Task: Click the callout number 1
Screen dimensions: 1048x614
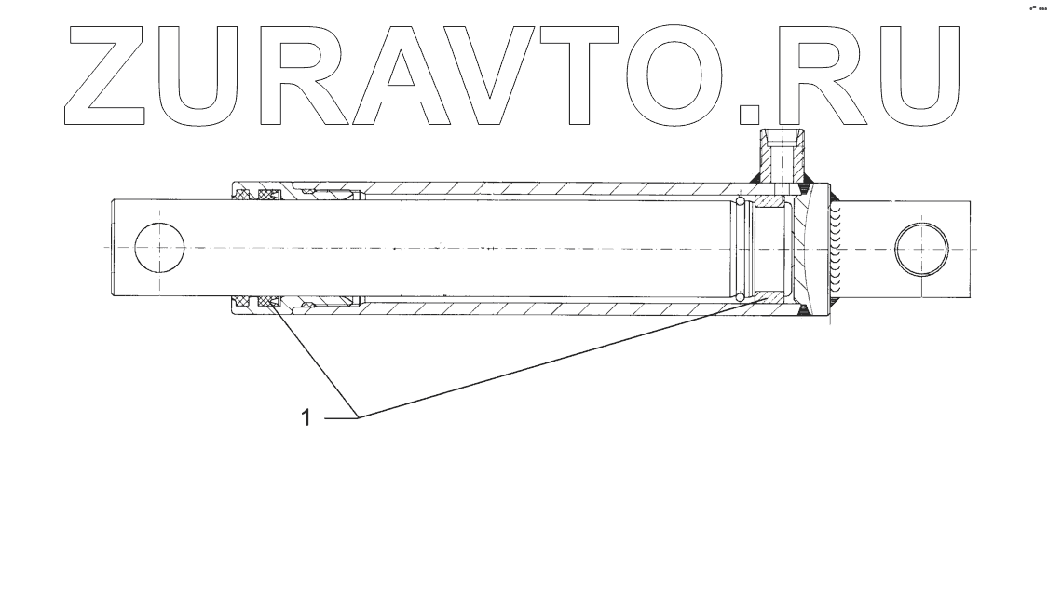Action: (305, 418)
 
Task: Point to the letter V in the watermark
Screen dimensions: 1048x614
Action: (503, 75)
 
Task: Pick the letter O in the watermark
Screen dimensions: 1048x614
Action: (682, 75)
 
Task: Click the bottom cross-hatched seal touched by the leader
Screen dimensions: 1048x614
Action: (270, 301)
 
